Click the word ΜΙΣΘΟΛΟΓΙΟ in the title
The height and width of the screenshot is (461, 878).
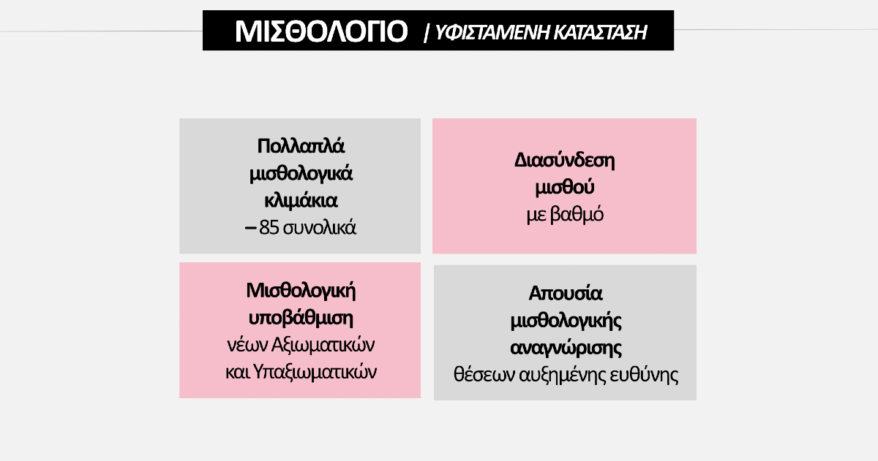(321, 31)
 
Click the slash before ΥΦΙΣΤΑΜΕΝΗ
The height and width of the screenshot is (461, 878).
(427, 33)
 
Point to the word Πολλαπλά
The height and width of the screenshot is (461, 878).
(301, 146)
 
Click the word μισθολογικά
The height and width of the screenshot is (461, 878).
(301, 174)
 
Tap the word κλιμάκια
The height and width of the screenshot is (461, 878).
(301, 201)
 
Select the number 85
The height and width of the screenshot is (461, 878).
(269, 227)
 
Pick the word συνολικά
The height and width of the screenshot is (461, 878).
(320, 228)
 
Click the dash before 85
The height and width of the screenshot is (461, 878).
(250, 228)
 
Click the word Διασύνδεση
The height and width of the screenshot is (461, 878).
(564, 161)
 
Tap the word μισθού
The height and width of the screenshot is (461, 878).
(564, 188)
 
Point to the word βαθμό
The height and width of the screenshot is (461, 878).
(577, 215)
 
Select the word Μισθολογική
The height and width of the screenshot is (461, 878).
(301, 292)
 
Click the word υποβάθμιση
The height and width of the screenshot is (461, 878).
(301, 318)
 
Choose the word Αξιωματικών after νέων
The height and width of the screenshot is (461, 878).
(323, 345)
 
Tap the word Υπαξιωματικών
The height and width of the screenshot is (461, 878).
(315, 372)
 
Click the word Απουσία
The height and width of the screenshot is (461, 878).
(565, 294)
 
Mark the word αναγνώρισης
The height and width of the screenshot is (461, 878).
(566, 348)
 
